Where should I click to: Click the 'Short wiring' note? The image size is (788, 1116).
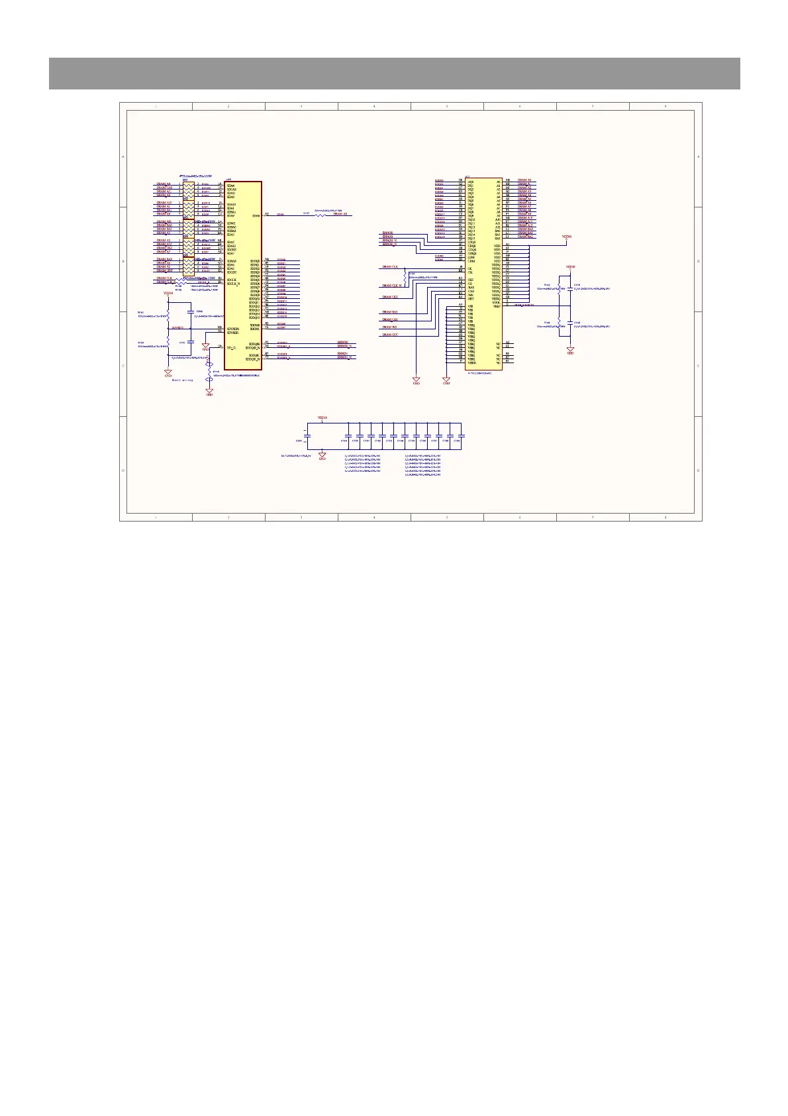(182, 380)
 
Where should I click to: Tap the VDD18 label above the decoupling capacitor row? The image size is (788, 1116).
(322, 418)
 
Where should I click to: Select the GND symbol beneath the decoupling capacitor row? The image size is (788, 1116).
(322, 456)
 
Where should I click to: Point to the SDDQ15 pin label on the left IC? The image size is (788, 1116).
(254, 317)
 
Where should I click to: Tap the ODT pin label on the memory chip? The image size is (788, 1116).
(471, 299)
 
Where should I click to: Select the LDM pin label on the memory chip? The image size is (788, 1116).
(471, 257)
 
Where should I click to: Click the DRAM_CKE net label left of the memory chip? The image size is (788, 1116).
(390, 297)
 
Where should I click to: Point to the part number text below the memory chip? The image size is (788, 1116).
(482, 373)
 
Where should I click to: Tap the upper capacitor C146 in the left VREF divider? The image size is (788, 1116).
(191, 311)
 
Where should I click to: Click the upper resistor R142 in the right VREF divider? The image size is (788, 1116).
(560, 288)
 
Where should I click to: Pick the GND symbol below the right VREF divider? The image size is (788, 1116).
(570, 350)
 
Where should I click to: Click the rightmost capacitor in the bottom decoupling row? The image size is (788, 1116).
(461, 435)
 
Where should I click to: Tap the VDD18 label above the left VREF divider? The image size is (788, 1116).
(168, 292)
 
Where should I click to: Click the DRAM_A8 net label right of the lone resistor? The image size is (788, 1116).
(340, 214)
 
